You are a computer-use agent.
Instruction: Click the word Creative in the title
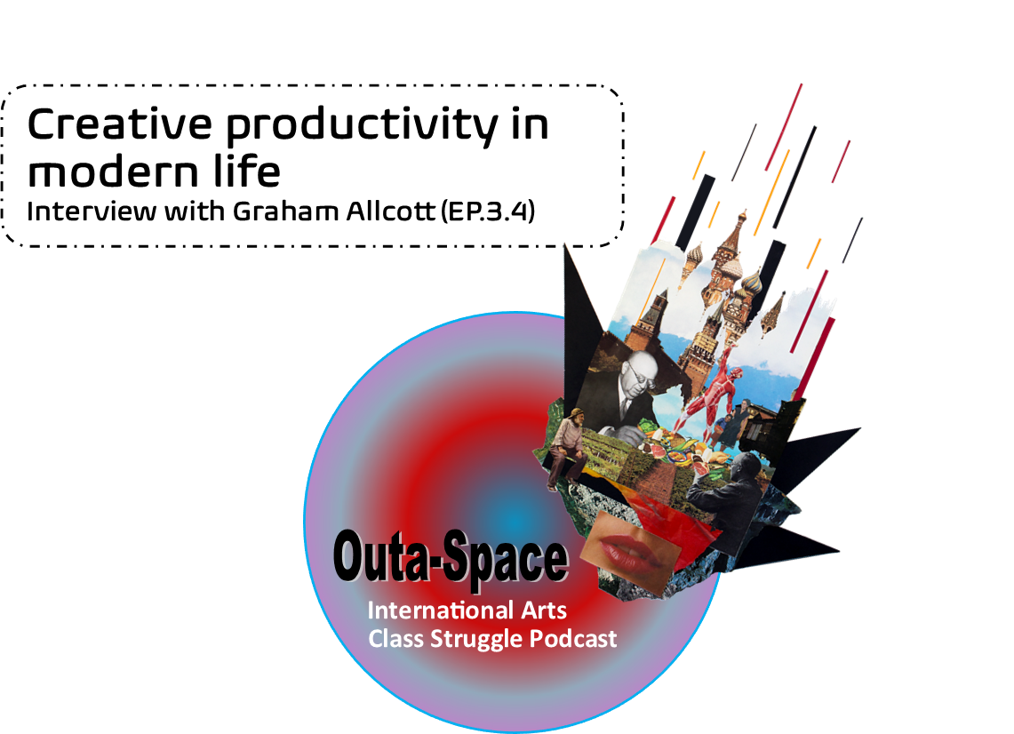coord(120,124)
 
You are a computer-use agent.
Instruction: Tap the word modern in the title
coord(113,172)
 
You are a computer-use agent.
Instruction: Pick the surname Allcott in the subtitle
coord(391,211)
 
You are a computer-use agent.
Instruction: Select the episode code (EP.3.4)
coord(488,211)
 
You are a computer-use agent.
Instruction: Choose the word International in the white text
coord(438,610)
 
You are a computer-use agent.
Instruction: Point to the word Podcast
coord(573,639)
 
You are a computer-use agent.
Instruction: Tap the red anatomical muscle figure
coord(712,392)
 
